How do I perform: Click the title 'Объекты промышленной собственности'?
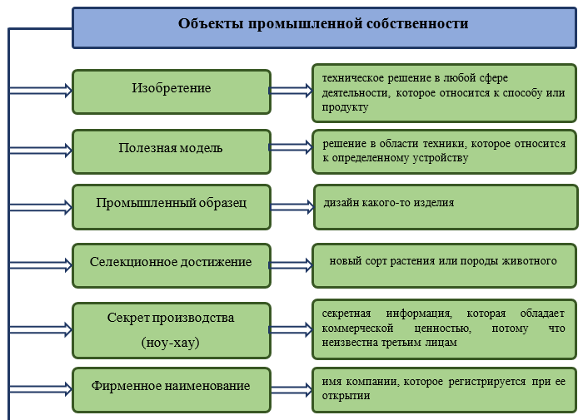323,23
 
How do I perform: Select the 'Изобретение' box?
172,91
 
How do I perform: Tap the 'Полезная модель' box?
172,151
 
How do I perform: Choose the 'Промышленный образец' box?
172,207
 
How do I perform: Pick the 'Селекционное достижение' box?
172,266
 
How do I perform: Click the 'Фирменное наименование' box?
172,390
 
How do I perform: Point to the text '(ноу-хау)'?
170,343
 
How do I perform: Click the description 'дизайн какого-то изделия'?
389,203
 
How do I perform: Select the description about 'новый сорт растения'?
443,261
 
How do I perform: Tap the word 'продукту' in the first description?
345,107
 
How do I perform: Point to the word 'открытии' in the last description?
346,396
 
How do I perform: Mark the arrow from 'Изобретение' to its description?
291,91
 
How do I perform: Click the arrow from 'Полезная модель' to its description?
291,147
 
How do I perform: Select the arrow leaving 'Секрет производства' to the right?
291,329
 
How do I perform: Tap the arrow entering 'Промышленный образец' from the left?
41,207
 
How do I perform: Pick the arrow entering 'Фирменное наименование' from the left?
41,389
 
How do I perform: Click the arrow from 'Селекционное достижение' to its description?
291,265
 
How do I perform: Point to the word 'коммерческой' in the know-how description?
357,329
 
